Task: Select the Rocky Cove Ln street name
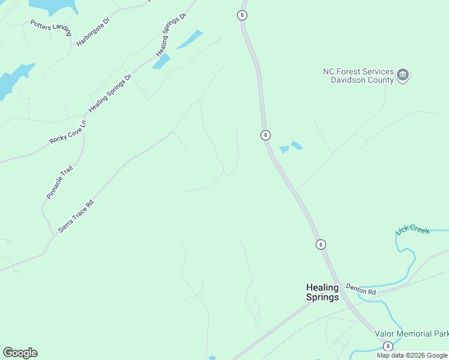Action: tap(68, 131)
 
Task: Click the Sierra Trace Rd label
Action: tap(76, 216)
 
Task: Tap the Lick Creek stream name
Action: tap(412, 230)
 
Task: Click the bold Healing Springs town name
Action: tap(322, 292)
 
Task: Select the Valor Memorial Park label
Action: tap(411, 334)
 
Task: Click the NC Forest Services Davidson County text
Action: tap(358, 76)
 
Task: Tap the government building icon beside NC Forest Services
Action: tap(403, 76)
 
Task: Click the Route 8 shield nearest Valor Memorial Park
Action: tap(388, 346)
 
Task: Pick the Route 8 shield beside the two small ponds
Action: tap(265, 135)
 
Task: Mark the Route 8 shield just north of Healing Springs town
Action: tap(321, 244)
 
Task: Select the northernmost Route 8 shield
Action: tap(242, 15)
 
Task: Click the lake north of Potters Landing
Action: tap(54, 6)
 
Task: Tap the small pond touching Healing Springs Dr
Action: tap(161, 61)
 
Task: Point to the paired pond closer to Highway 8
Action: tap(285, 149)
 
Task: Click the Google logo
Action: tap(20, 353)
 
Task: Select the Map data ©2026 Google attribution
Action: tap(412, 355)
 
